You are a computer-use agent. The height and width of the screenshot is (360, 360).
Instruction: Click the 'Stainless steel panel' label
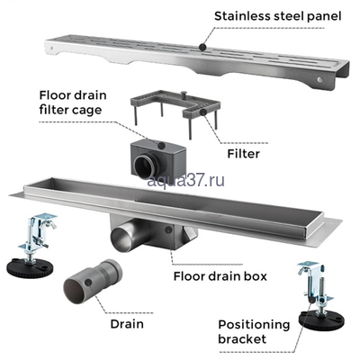[x=278, y=16]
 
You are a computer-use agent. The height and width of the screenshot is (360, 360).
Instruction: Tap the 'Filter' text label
[x=244, y=154]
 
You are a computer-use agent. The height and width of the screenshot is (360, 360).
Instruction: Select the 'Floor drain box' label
[x=220, y=276]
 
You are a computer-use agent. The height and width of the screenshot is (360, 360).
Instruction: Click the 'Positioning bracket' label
[x=254, y=332]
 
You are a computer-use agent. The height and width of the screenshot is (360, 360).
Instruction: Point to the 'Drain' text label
[x=127, y=324]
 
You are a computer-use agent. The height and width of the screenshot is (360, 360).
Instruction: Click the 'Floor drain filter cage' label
[x=73, y=103]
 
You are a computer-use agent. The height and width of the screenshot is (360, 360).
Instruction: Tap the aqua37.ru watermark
[x=186, y=181]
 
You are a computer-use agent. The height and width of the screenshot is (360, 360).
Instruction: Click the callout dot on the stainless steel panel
[x=202, y=47]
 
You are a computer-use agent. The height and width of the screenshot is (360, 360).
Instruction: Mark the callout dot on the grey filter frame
[x=203, y=112]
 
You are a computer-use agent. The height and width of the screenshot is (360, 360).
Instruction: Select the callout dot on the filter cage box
[x=162, y=146]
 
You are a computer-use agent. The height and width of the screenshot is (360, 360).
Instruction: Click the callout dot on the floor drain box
[x=168, y=230]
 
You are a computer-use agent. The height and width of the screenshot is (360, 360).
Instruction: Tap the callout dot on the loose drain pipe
[x=88, y=282]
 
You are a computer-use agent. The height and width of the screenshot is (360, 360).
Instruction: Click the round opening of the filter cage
[x=144, y=166]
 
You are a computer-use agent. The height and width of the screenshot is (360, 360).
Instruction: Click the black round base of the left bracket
[x=30, y=267]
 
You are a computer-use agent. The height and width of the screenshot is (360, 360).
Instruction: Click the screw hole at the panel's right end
[x=320, y=79]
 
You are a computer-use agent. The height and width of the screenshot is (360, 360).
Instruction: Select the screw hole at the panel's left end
[x=52, y=48]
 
